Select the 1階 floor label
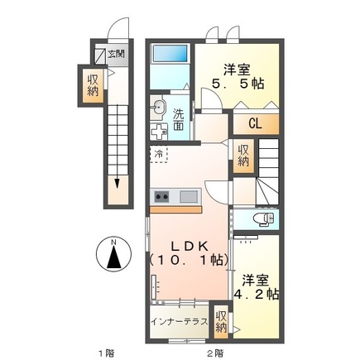click(x=105, y=352)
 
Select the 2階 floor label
click(x=216, y=352)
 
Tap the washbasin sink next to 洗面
click(x=159, y=106)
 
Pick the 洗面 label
click(x=179, y=121)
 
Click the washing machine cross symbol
click(x=158, y=132)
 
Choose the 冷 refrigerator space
click(x=157, y=154)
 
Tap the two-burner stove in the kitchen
click(x=161, y=196)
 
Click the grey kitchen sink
click(x=189, y=196)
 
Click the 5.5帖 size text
click(x=238, y=84)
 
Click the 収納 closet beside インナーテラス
click(x=221, y=321)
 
